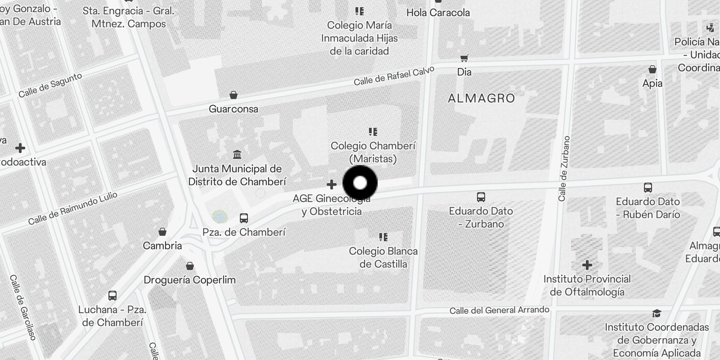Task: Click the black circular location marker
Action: (360, 183)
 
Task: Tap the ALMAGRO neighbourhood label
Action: (481, 98)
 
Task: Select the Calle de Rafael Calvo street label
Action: (394, 76)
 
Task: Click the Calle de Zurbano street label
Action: (563, 168)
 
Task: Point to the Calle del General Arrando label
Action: (499, 310)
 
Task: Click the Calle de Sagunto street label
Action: (50, 85)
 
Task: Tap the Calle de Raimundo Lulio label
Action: (72, 208)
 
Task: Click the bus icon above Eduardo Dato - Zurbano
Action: (481, 197)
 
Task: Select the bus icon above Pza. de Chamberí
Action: (244, 218)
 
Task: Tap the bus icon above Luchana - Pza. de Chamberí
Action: (112, 296)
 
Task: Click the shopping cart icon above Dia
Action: (464, 58)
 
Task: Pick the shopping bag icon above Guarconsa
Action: (234, 95)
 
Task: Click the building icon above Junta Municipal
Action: (237, 155)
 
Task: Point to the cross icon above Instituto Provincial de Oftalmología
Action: (587, 265)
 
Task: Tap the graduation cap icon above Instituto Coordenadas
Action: (657, 313)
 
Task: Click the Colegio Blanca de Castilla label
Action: (383, 257)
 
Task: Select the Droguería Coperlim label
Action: (189, 280)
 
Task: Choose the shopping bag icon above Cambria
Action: (162, 232)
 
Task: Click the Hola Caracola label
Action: (438, 13)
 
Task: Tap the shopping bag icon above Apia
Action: (652, 69)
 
